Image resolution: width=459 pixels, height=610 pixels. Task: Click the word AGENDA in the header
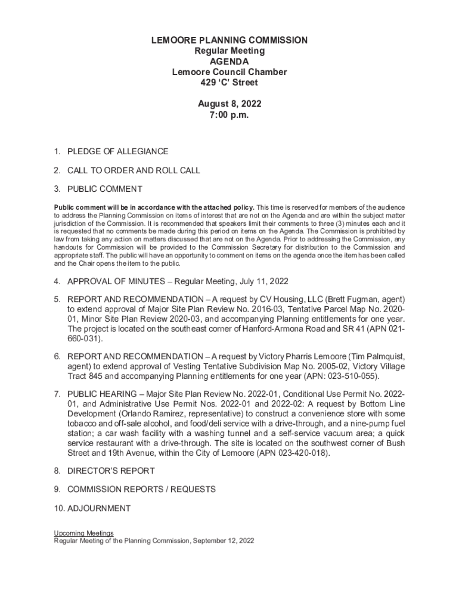[229, 61]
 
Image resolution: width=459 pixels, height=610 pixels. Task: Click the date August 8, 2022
[229, 104]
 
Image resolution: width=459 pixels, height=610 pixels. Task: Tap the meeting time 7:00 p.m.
[229, 115]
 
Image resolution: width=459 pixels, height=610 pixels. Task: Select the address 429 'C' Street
[229, 83]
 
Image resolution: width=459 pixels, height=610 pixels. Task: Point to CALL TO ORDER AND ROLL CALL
[134, 170]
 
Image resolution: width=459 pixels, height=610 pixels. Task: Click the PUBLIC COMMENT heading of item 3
[104, 189]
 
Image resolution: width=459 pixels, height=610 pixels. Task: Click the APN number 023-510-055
[347, 376]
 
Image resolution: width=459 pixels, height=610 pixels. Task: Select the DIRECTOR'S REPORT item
[111, 471]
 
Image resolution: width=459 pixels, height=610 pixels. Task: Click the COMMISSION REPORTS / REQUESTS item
[141, 490]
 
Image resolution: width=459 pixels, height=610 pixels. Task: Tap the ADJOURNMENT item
[98, 509]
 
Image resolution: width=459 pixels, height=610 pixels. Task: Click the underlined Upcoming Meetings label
[83, 533]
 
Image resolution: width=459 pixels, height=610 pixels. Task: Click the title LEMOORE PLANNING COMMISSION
[229, 40]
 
